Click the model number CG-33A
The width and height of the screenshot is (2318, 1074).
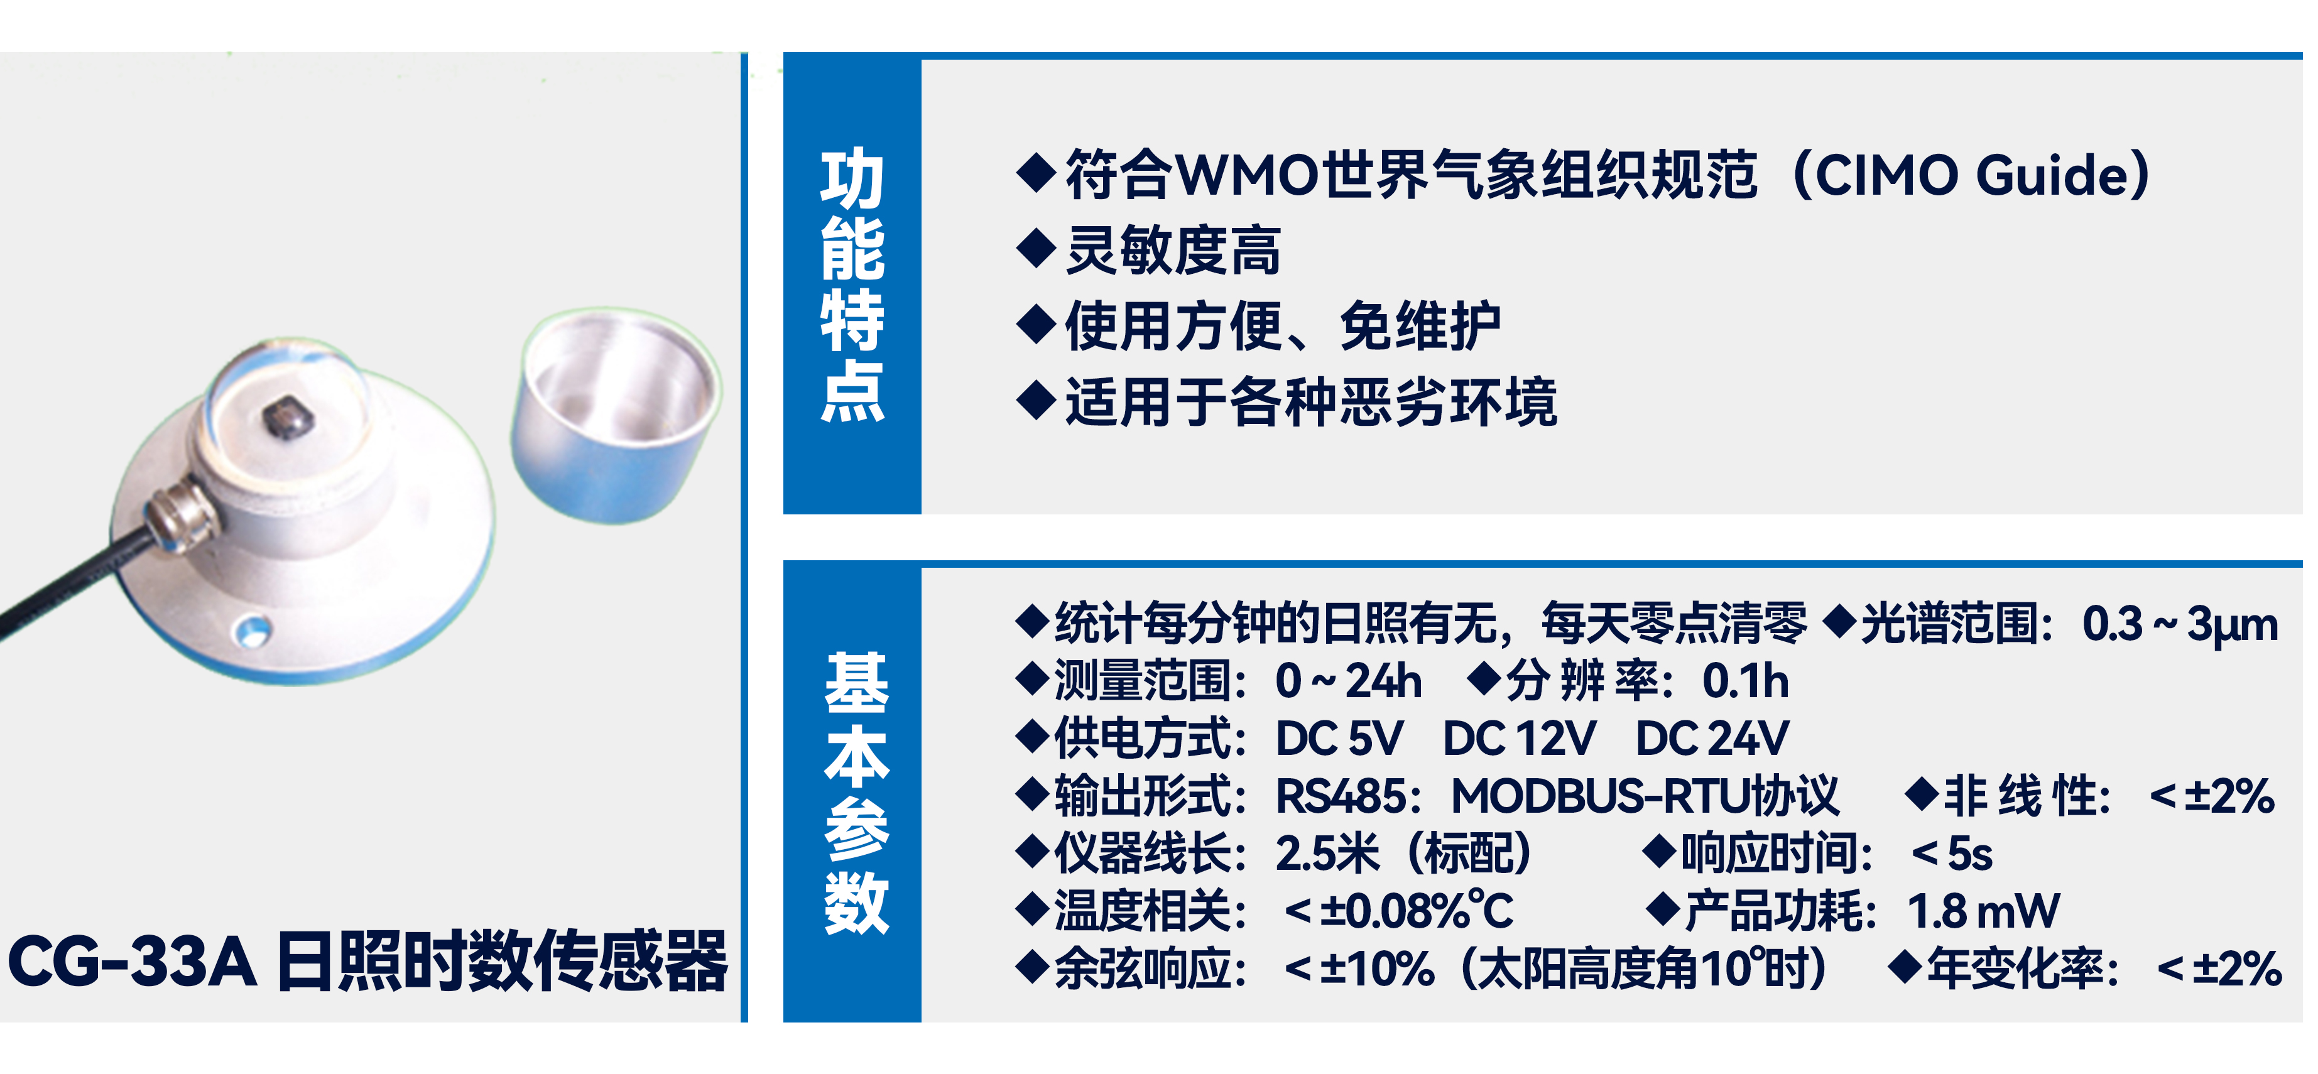[131, 962]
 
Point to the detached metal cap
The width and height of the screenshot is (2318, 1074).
[616, 415]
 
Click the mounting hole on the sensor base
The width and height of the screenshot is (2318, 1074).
[252, 630]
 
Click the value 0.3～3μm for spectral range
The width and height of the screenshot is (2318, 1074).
[2179, 623]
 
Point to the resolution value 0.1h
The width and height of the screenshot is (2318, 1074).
[1745, 681]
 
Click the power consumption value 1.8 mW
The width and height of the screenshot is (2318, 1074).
[1983, 911]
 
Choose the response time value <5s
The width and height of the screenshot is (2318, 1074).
[1951, 854]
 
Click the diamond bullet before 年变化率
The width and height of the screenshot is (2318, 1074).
[1905, 967]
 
